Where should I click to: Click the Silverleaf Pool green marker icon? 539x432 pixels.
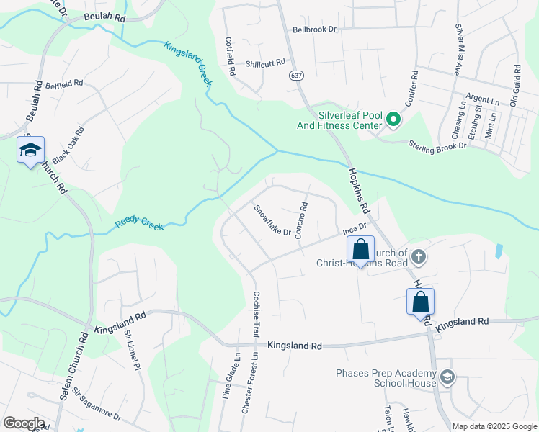click(393, 120)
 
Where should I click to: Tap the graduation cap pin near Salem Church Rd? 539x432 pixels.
click(31, 150)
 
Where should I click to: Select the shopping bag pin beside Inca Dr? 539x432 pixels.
click(361, 250)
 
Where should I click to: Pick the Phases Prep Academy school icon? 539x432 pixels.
click(447, 377)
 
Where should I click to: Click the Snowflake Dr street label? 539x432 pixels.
click(272, 220)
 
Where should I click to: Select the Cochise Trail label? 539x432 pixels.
click(255, 316)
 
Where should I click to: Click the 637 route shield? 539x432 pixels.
click(296, 75)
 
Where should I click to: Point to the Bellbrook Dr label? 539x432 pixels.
click(315, 30)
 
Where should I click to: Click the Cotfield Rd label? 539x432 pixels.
click(231, 57)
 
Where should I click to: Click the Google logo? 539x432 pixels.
click(24, 423)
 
